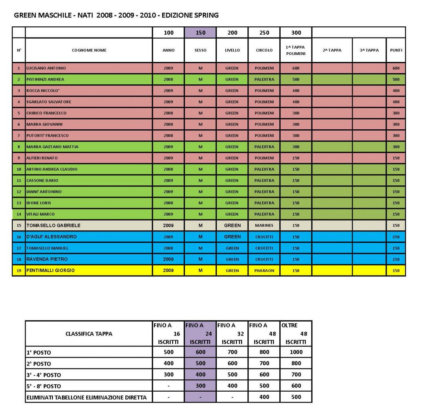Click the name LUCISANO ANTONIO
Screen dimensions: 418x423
pyautogui.click(x=46, y=68)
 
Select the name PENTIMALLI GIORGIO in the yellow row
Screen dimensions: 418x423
pyautogui.click(x=50, y=271)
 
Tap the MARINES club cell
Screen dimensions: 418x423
pyautogui.click(x=264, y=225)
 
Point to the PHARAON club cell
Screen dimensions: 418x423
pyautogui.click(x=264, y=271)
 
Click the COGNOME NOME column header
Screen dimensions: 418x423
pyautogui.click(x=89, y=50)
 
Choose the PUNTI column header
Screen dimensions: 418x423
pyautogui.click(x=396, y=50)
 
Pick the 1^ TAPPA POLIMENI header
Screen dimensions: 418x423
pyautogui.click(x=296, y=50)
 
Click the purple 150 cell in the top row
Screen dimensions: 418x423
pyautogui.click(x=200, y=33)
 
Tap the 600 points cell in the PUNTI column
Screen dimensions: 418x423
pyautogui.click(x=396, y=68)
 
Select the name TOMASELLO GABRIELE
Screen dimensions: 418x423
pyautogui.click(x=53, y=225)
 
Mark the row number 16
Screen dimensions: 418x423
pyautogui.click(x=19, y=237)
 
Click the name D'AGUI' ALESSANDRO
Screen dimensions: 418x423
pyautogui.click(x=51, y=236)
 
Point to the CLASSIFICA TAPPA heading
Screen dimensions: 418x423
pyautogui.click(x=89, y=334)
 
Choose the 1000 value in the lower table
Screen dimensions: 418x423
pyautogui.click(x=296, y=352)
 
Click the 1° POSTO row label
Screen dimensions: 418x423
pyautogui.click(x=39, y=353)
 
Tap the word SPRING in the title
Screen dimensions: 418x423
pyautogui.click(x=207, y=15)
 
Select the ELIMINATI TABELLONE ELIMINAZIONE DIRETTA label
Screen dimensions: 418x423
pyautogui.click(x=87, y=397)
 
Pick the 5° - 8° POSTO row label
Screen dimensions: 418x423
pyautogui.click(x=43, y=386)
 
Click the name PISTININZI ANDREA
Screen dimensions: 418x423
pyautogui.click(x=45, y=79)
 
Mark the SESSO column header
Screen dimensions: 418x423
pyautogui.click(x=200, y=50)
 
